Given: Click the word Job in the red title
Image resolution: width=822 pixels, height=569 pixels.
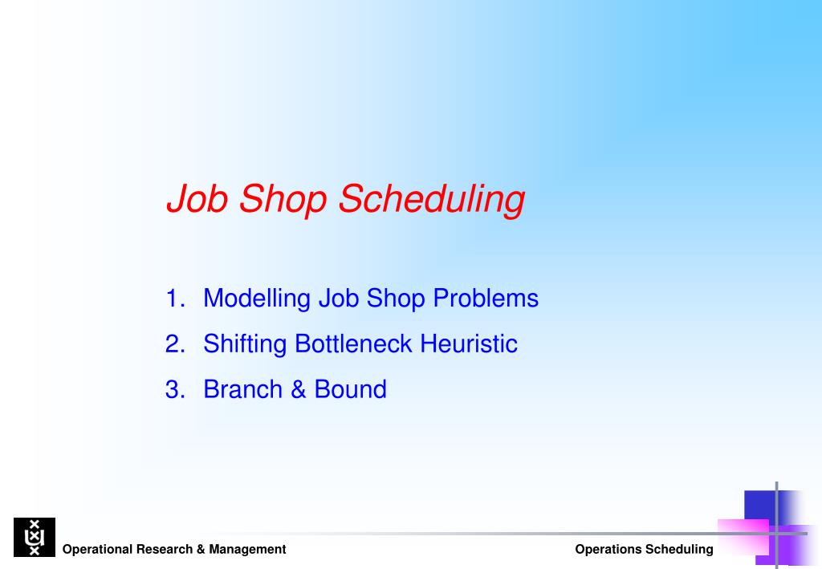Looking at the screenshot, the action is coord(197,198).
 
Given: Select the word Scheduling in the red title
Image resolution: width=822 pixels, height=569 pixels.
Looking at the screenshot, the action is coord(431,200).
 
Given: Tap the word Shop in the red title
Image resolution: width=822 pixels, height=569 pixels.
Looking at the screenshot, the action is coord(283,200).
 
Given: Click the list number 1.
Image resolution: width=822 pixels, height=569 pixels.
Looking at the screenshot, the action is coord(175,298).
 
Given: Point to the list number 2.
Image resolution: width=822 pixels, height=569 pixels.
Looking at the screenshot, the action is coord(175,343).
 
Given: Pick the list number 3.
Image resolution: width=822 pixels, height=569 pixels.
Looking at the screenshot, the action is coord(175,389).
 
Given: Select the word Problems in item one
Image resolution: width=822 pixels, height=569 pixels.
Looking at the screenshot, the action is coord(486,298).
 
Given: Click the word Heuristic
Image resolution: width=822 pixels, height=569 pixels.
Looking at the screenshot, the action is coord(469,343).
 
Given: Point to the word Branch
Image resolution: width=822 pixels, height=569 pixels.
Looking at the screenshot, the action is coord(242,389).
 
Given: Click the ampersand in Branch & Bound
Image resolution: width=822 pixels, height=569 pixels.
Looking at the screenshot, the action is coord(299,389).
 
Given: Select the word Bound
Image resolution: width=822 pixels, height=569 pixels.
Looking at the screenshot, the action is coord(350,389).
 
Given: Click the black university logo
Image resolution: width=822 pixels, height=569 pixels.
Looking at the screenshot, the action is coord(35,537).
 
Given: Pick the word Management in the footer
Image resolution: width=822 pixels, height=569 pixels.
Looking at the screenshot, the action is coord(247,550).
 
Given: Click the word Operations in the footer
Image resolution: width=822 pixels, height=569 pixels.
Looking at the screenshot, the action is coord(608,550).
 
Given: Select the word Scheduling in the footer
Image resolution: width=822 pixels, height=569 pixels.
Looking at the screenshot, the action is coord(679,550).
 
